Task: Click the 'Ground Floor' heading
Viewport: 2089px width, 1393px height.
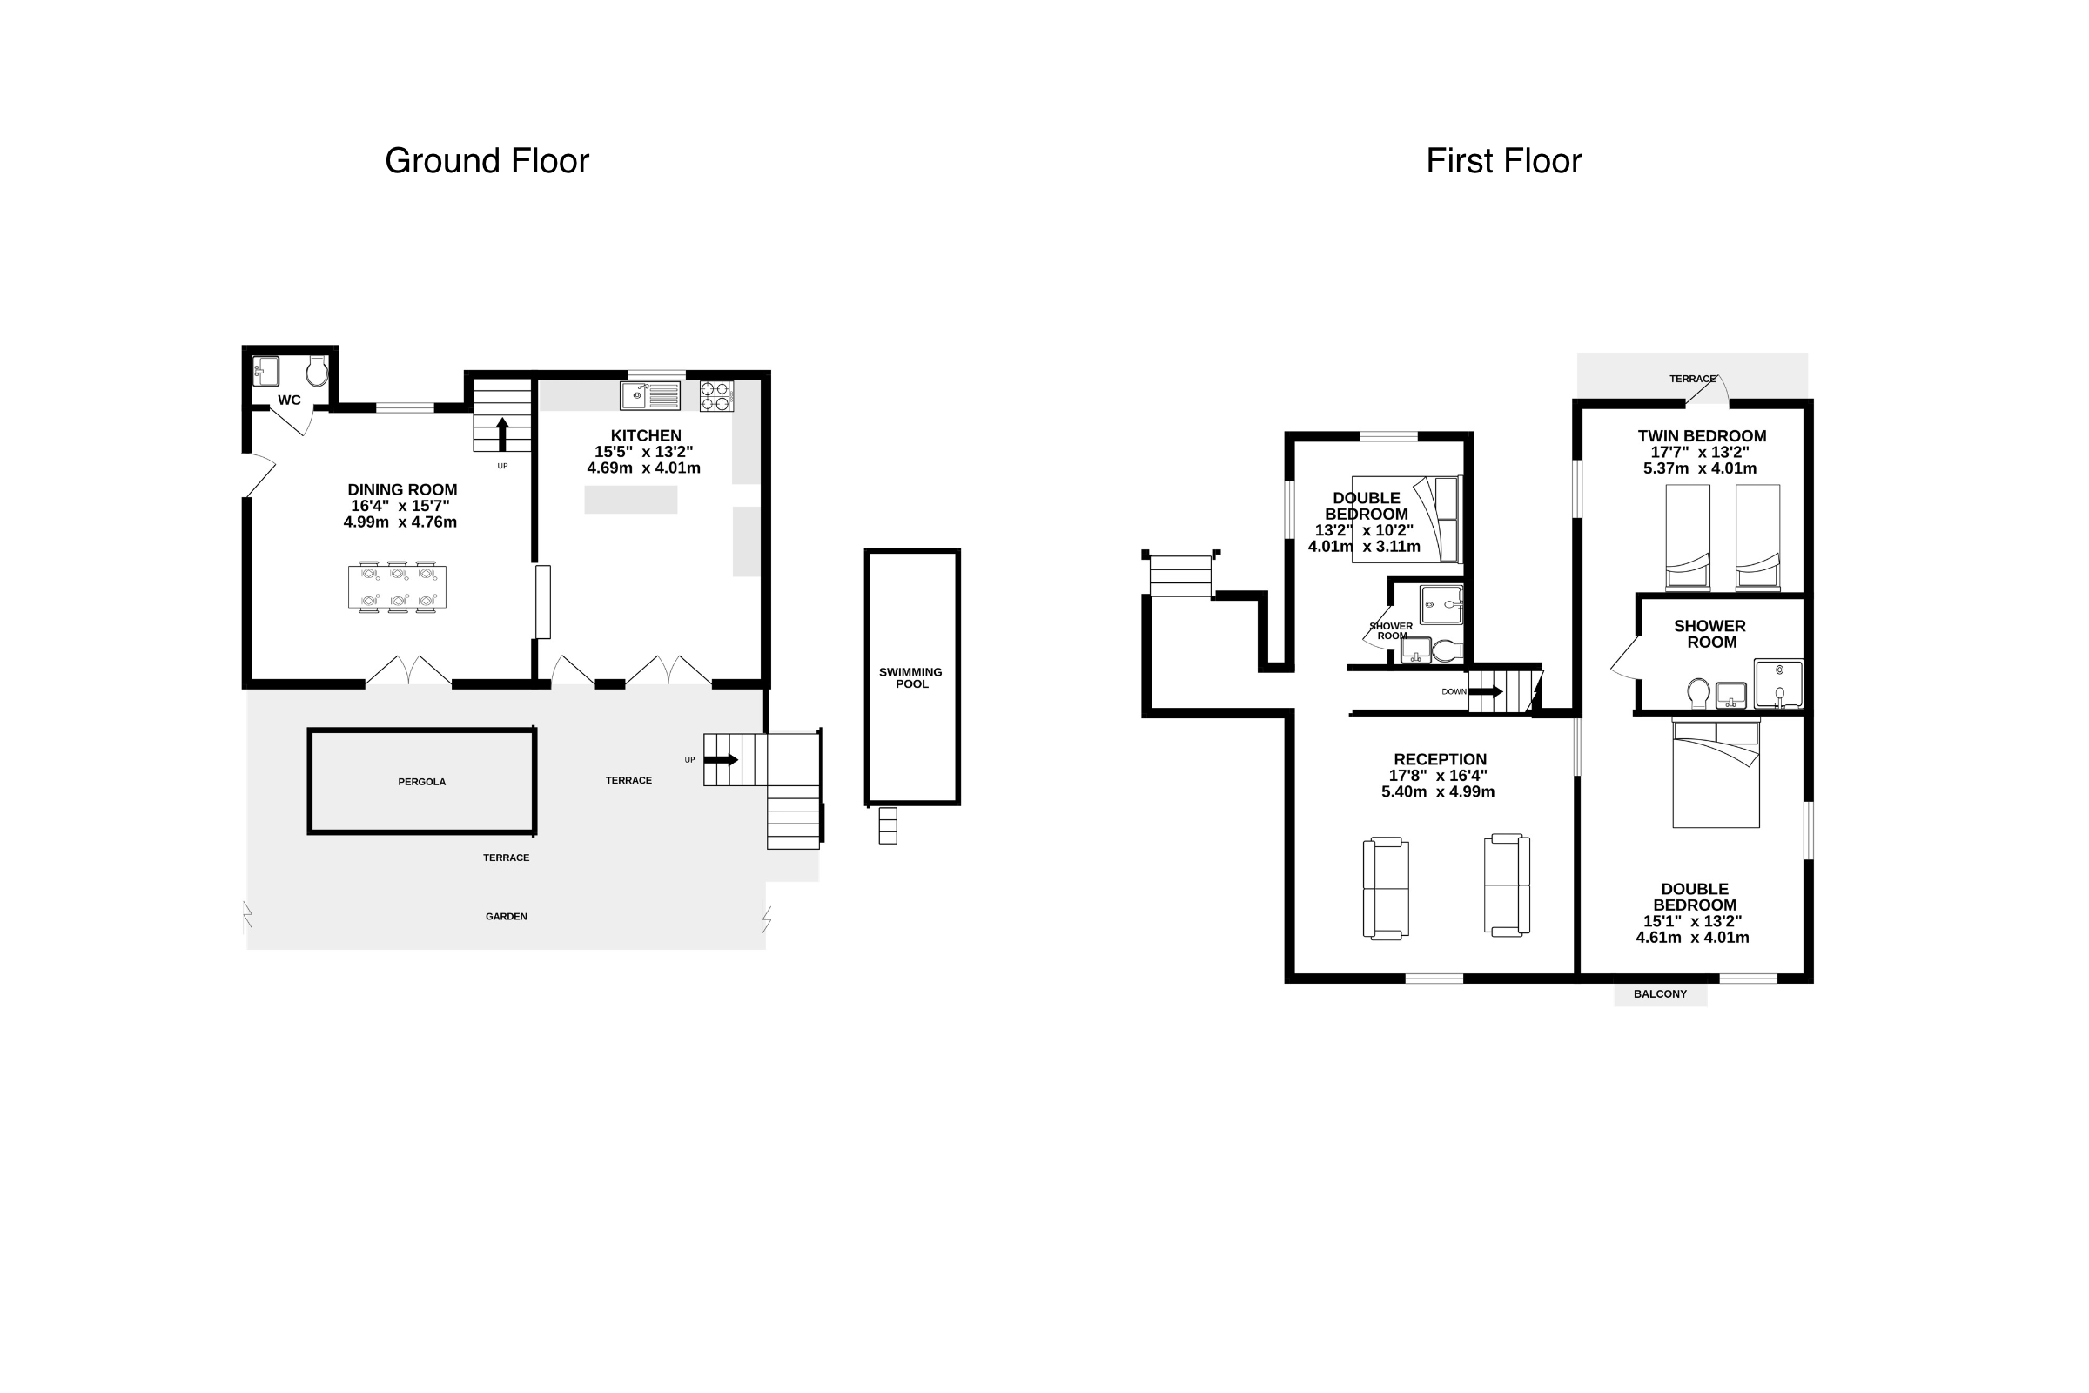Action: pyautogui.click(x=487, y=162)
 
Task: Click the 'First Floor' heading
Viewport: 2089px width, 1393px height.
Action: pyautogui.click(x=1504, y=162)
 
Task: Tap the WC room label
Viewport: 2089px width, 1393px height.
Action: pyautogui.click(x=290, y=400)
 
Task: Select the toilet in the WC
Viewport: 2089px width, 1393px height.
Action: pyautogui.click(x=317, y=372)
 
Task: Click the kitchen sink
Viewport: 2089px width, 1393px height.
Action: pyautogui.click(x=650, y=395)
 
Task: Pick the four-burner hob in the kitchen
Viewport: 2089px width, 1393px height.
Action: pyautogui.click(x=716, y=396)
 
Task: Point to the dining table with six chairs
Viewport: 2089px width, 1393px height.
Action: pyautogui.click(x=397, y=587)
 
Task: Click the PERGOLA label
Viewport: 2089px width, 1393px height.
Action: pyautogui.click(x=422, y=782)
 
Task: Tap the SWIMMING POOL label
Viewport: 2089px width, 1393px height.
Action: pyautogui.click(x=910, y=678)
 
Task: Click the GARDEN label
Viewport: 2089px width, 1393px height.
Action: pyautogui.click(x=507, y=916)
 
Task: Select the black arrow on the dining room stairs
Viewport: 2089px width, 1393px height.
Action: pyautogui.click(x=502, y=434)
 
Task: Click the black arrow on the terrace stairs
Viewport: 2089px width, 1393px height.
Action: pyautogui.click(x=722, y=759)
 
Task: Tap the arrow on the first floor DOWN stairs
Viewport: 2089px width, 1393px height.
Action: pyautogui.click(x=1486, y=691)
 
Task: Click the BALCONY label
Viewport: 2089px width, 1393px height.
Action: pyautogui.click(x=1660, y=994)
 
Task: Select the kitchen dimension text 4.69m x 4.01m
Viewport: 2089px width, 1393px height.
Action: pyautogui.click(x=644, y=468)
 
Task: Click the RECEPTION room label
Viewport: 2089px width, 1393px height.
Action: pyautogui.click(x=1440, y=759)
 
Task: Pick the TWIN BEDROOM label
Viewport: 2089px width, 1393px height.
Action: pyautogui.click(x=1702, y=436)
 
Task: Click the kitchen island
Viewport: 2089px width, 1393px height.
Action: pyautogui.click(x=630, y=499)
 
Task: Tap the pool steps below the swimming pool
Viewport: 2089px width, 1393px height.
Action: pyautogui.click(x=888, y=825)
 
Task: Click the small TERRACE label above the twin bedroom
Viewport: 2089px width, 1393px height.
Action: pyautogui.click(x=1692, y=379)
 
